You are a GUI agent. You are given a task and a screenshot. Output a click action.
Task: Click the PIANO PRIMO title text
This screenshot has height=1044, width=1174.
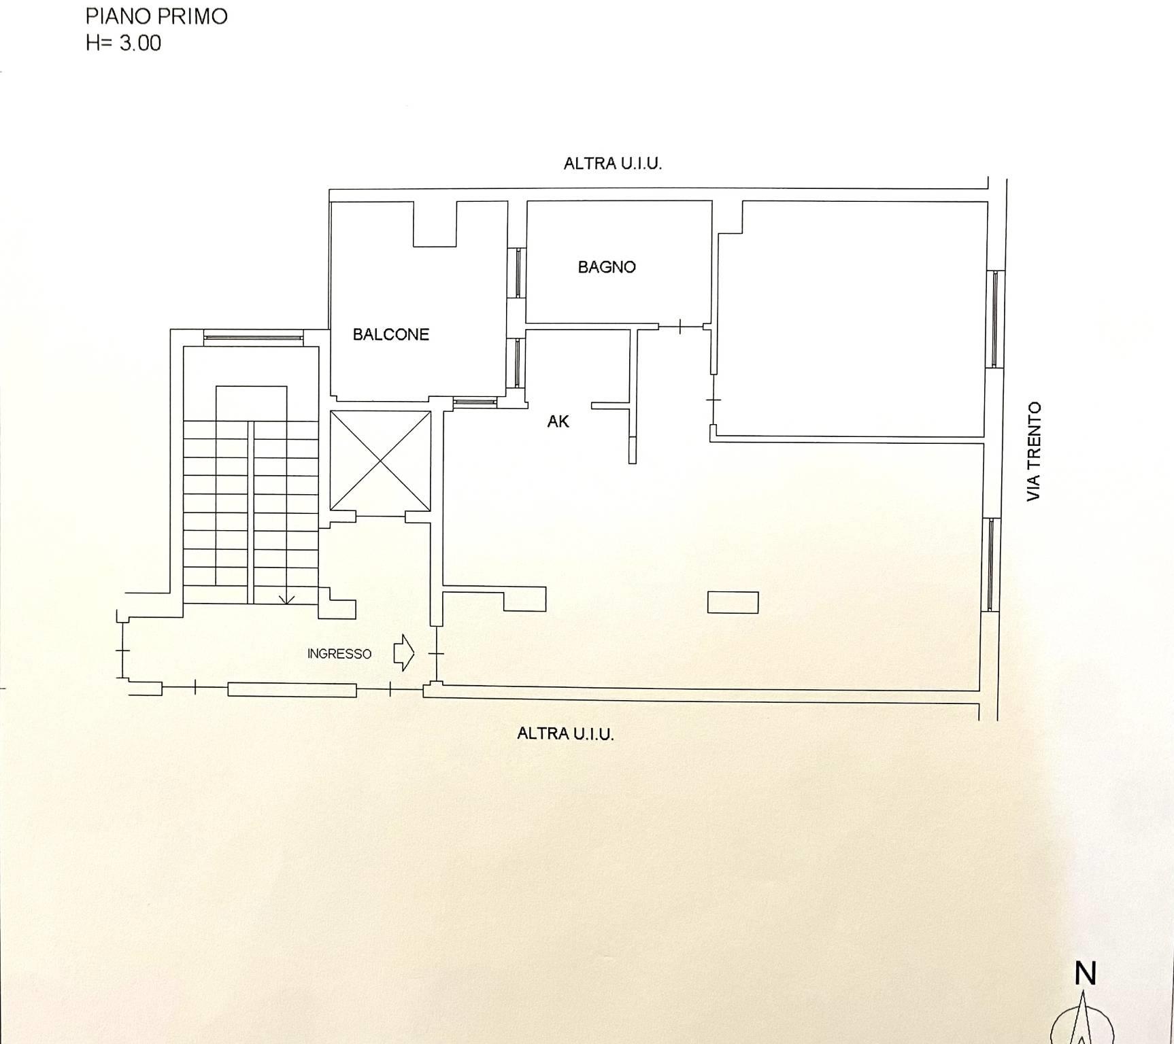click(156, 16)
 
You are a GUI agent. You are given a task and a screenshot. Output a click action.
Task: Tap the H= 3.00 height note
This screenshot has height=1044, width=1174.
click(123, 43)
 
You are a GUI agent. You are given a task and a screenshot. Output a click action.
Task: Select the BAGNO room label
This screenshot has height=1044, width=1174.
click(607, 267)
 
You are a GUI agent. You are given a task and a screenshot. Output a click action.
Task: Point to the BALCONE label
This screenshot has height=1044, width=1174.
click(390, 334)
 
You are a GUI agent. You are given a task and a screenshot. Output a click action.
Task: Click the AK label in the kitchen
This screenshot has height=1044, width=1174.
click(558, 421)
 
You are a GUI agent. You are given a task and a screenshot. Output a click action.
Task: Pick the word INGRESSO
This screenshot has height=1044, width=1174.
click(339, 654)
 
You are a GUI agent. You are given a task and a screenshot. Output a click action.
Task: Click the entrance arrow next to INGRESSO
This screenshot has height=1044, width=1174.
click(403, 653)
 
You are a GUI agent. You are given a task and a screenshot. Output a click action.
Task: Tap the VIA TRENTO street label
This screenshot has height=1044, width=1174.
click(1034, 452)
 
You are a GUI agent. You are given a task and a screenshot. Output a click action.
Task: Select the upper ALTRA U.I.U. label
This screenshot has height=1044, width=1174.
click(613, 163)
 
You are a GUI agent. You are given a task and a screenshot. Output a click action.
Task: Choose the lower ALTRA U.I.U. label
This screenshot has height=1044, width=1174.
click(565, 733)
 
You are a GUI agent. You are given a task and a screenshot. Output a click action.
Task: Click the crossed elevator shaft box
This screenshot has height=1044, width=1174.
click(380, 460)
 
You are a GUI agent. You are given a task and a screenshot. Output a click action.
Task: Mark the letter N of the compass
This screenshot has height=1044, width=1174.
click(1086, 974)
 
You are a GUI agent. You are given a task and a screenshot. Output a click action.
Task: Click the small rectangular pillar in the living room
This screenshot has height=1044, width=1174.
click(733, 602)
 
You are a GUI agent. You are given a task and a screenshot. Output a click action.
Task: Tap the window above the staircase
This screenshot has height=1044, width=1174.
click(253, 336)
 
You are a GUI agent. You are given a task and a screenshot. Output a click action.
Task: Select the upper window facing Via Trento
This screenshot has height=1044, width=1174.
click(994, 319)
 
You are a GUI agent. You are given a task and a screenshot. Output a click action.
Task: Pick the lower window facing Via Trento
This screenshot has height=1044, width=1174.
click(990, 565)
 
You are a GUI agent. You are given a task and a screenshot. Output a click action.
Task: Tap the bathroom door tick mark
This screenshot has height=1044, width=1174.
click(681, 328)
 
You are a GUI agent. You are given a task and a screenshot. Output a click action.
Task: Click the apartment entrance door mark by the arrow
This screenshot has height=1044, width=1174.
click(436, 654)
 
